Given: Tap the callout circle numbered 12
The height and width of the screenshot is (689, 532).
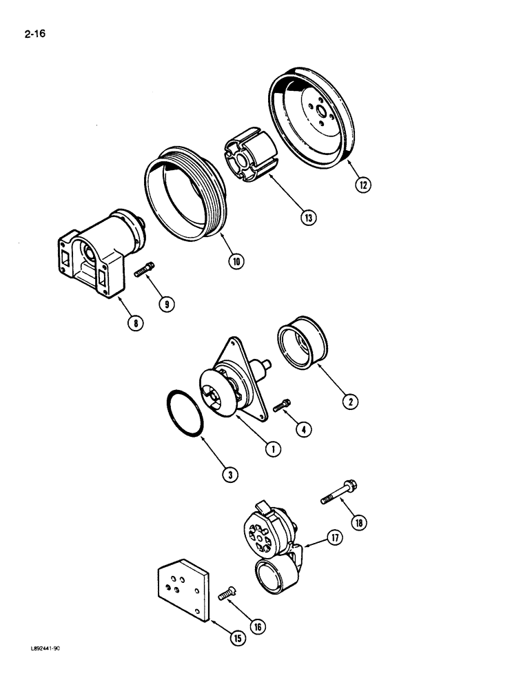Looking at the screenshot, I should pyautogui.click(x=362, y=185).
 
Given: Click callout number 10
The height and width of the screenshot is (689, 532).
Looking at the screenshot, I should pyautogui.click(x=237, y=262).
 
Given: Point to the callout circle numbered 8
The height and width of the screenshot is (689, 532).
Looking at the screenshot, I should pyautogui.click(x=138, y=322).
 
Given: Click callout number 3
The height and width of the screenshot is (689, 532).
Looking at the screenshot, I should pyautogui.click(x=229, y=473).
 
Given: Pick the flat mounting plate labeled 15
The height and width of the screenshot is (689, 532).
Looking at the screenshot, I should pyautogui.click(x=181, y=589).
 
